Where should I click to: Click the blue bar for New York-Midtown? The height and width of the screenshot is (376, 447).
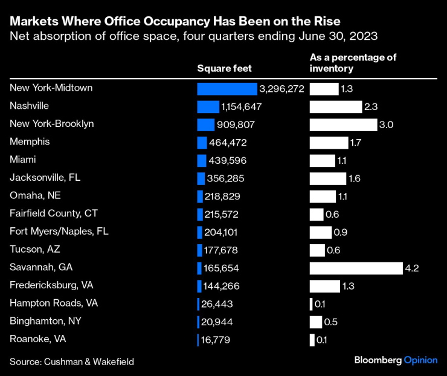pos(227,89)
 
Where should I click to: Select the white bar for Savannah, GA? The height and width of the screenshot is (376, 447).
pos(356,268)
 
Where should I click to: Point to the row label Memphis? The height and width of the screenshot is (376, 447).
pos(30,142)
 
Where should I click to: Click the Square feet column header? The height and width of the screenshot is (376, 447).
pos(224,68)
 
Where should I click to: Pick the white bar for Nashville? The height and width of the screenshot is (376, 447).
pos(336,107)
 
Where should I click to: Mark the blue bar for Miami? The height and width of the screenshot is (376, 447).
pos(202,161)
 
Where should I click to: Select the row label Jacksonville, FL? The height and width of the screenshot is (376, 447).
pos(45,178)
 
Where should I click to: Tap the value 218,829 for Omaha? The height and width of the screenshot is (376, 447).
pos(224,196)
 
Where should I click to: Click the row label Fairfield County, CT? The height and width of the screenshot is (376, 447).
pos(54,213)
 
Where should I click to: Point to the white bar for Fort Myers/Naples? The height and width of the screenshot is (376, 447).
pos(321,232)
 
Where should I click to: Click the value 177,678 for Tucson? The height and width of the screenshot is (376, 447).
pos(224,250)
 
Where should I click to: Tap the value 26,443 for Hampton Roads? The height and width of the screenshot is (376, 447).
pos(217,304)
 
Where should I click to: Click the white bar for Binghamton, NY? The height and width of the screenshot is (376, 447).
pos(316,322)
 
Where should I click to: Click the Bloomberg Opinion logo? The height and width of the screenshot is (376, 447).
pos(396,360)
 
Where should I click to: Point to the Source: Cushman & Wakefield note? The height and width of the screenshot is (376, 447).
pos(72,361)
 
